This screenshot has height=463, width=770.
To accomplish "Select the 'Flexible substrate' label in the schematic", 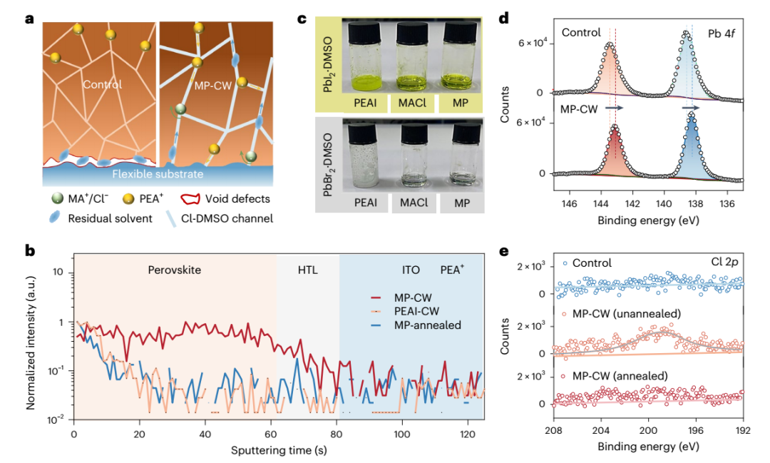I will click(x=158, y=174).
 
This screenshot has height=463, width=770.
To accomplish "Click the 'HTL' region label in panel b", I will click(x=307, y=271).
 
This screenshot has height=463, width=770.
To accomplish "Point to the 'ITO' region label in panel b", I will click(x=412, y=271).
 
